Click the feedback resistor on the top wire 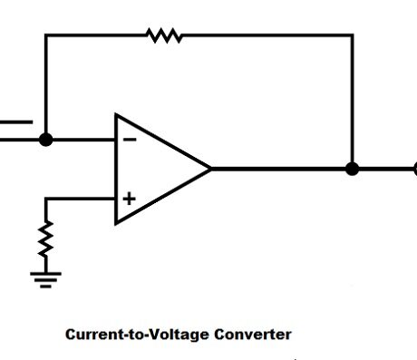coord(164,35)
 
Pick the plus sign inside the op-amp coord(129,198)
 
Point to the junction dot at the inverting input coord(46,140)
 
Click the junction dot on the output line coord(353,169)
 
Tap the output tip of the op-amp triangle coord(210,169)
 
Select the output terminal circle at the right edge coord(414,169)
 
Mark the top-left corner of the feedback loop coord(46,35)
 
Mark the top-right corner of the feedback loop coord(353,35)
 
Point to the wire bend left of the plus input coord(46,198)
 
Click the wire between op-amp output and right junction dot coord(281,169)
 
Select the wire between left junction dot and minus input coord(82,140)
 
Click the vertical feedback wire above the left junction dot coord(46,86)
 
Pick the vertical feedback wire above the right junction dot coord(353,100)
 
